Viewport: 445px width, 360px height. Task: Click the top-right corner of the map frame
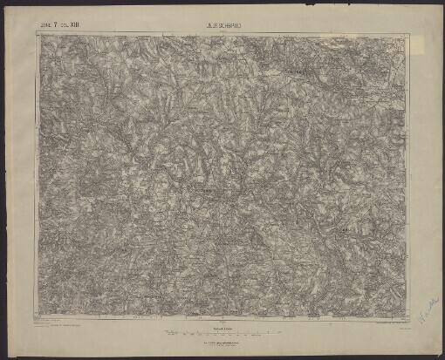coord(407,35)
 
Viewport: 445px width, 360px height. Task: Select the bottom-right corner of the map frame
coord(407,319)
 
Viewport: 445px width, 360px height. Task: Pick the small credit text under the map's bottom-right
coord(384,323)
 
